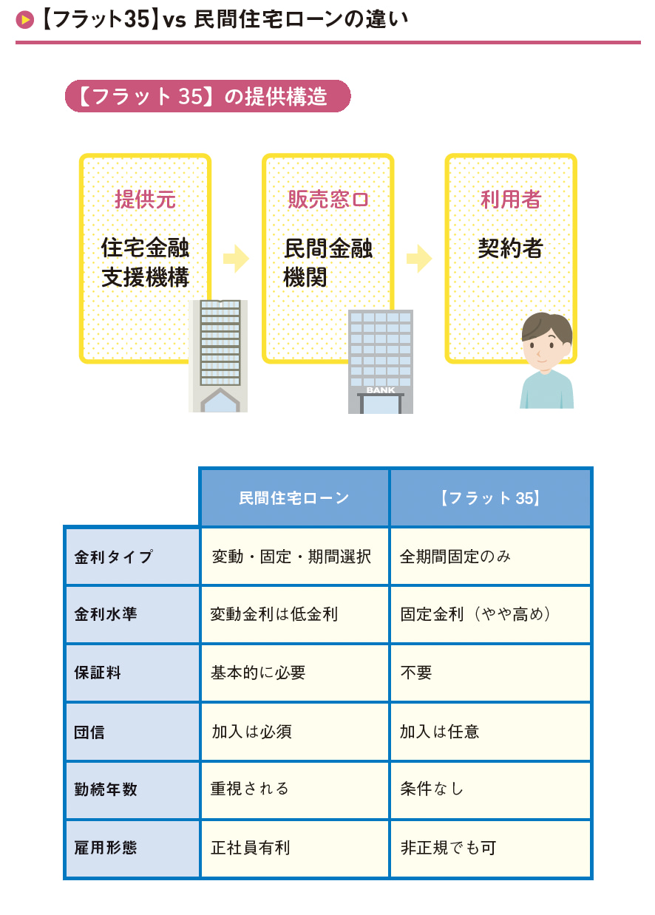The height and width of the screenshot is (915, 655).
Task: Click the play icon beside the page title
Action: pyautogui.click(x=25, y=20)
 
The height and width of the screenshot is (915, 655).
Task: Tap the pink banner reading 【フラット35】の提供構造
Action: pyautogui.click(x=207, y=96)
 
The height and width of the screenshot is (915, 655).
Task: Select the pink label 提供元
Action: pyautogui.click(x=145, y=200)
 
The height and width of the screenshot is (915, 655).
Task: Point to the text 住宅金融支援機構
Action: pyautogui.click(x=145, y=262)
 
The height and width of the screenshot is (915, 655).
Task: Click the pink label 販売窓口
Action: pyautogui.click(x=327, y=200)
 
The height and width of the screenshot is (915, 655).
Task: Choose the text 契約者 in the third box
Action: pyautogui.click(x=510, y=248)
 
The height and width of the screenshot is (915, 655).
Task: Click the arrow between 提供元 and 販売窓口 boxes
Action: pyautogui.click(x=236, y=259)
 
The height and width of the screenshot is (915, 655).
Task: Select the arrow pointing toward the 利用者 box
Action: pyautogui.click(x=418, y=259)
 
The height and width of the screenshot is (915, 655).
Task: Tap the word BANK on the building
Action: pyautogui.click(x=380, y=390)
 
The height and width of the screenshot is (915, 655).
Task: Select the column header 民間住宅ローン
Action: pyautogui.click(x=294, y=498)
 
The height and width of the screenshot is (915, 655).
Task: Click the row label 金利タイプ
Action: pyautogui.click(x=114, y=557)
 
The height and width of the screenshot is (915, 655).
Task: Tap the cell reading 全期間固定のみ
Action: pyautogui.click(x=455, y=557)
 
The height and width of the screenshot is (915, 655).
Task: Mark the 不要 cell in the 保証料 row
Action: pyautogui.click(x=416, y=673)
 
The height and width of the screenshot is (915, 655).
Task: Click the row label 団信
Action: pyautogui.click(x=89, y=732)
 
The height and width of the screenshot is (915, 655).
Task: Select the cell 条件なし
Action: pyautogui.click(x=432, y=789)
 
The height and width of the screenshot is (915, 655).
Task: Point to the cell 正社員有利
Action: pyautogui.click(x=251, y=848)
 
